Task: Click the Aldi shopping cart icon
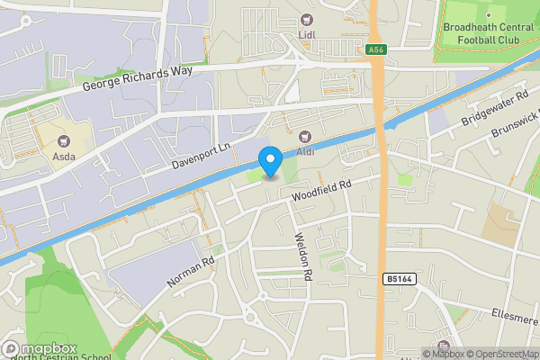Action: tap(304, 137)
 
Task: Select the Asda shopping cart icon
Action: tap(63, 140)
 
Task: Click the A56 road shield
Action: tap(376, 49)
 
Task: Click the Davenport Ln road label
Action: tap(202, 155)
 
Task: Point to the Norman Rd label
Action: tap(191, 271)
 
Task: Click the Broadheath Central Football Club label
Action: tap(490, 33)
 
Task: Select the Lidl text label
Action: tap(310, 36)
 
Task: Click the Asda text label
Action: tap(63, 156)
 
